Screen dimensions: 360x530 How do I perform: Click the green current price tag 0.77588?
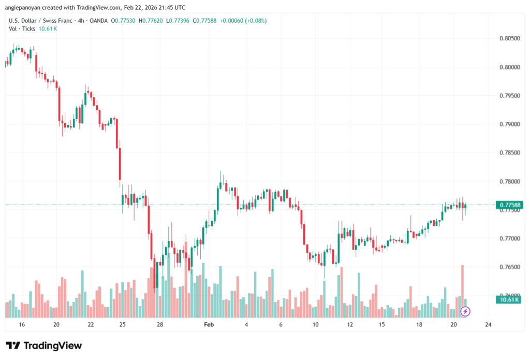pyautogui.click(x=509, y=205)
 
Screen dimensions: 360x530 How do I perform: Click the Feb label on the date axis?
pyautogui.click(x=209, y=325)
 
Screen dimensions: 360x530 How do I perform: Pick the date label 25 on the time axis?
pyautogui.click(x=123, y=325)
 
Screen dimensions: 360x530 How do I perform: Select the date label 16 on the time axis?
pyautogui.click(x=22, y=325)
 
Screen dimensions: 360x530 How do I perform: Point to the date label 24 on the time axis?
pyautogui.click(x=488, y=325)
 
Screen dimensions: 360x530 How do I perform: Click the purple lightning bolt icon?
pyautogui.click(x=465, y=311)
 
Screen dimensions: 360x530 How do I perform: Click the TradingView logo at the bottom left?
pyautogui.click(x=44, y=345)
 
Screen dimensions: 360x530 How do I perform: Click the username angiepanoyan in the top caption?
pyautogui.click(x=25, y=7)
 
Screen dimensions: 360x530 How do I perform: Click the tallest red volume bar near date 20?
pyautogui.click(x=462, y=291)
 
